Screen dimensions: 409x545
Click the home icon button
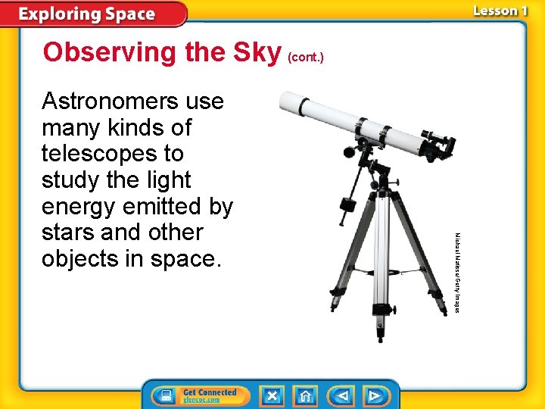coord(306,396)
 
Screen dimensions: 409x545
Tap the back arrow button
coord(341,396)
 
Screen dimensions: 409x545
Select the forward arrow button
coord(374,396)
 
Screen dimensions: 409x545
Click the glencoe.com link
coord(201,400)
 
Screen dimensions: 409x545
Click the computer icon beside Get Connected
coord(163,395)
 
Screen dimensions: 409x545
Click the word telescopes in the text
coord(113,154)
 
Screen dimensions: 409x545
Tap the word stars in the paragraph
coord(67,233)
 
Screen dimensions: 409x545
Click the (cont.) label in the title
coord(305,57)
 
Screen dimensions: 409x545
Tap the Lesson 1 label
coord(499,11)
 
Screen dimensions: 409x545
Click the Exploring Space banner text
coord(86,14)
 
